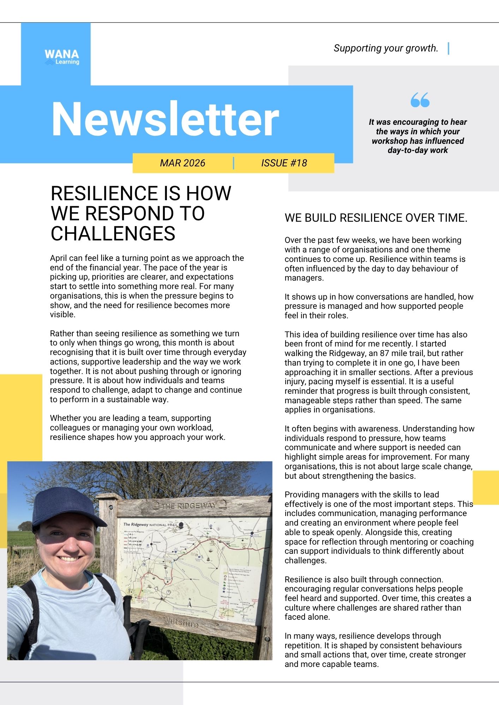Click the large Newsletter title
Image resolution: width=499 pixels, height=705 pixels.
tap(165, 119)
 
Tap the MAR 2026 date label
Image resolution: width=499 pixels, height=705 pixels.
tap(182, 163)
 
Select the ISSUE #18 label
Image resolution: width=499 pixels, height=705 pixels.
tap(284, 163)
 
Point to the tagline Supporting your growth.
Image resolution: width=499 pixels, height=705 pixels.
tap(386, 48)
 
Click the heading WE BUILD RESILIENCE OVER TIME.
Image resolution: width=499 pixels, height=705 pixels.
tap(376, 218)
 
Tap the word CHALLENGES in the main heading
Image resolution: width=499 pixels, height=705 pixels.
tap(113, 233)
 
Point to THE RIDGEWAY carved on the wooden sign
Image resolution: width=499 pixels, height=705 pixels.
tap(189, 506)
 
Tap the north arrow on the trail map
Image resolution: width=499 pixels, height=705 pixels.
tap(190, 602)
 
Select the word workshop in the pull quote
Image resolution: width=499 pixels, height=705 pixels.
tap(390, 141)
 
